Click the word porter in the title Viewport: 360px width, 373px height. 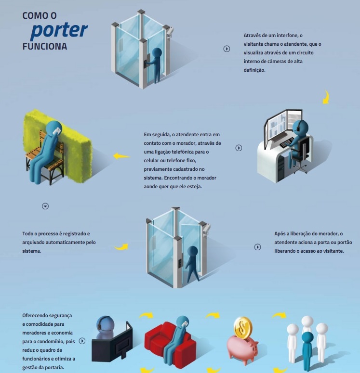(59, 30)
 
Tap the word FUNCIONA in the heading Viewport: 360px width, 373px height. (44, 46)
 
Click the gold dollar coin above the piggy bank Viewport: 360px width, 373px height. (242, 328)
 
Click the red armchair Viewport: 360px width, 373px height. (170, 341)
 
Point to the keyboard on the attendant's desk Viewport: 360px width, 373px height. (287, 142)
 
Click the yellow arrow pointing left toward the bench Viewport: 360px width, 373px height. (121, 156)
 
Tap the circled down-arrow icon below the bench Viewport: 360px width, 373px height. (45, 206)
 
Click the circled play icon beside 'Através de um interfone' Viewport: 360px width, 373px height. (227, 49)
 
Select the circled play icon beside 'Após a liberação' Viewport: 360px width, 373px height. (257, 247)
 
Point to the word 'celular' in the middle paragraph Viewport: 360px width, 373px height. (151, 161)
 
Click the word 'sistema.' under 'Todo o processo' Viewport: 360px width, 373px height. (32, 251)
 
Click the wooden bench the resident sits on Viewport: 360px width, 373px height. (45, 157)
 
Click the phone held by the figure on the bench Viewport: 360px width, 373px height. (57, 131)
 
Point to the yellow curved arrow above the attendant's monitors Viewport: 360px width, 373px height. (326, 97)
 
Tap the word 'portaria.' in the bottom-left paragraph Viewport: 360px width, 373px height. (55, 368)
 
